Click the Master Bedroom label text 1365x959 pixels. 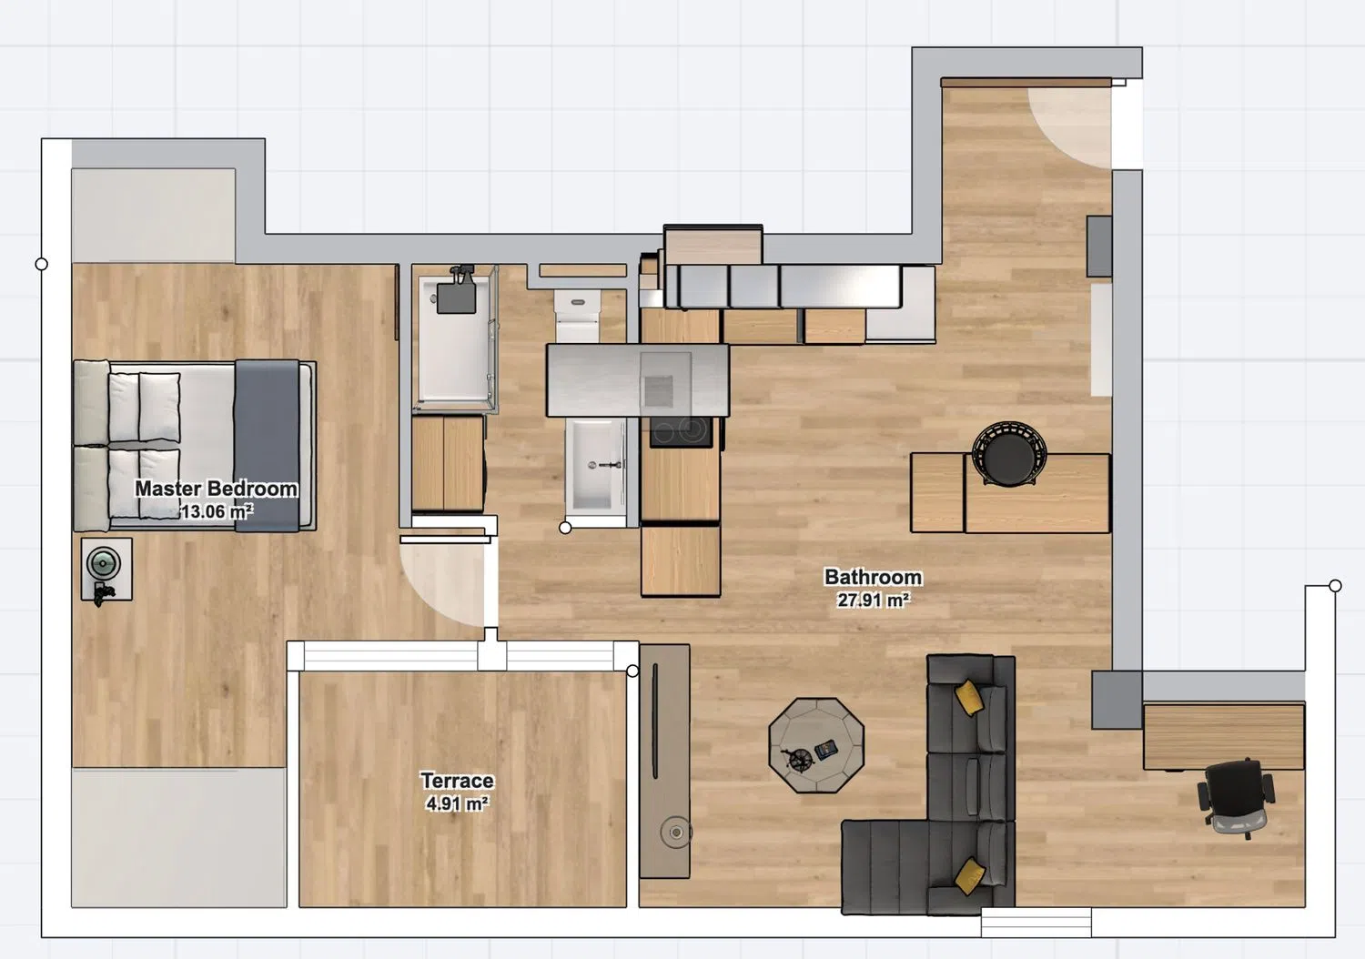[x=216, y=489]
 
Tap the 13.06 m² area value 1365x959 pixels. [x=217, y=511]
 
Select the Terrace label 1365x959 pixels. [x=457, y=781]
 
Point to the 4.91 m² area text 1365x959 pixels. [x=457, y=803]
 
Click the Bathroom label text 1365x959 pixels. [x=874, y=577]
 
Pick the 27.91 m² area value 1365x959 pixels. [x=874, y=601]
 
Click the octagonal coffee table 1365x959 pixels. [x=816, y=745]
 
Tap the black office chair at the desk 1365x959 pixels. [x=1236, y=798]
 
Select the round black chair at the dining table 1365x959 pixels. [x=1009, y=453]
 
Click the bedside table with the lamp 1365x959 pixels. [x=106, y=569]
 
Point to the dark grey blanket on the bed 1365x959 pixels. [x=267, y=446]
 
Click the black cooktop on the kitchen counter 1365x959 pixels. [x=681, y=432]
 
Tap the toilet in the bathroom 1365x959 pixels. [x=577, y=317]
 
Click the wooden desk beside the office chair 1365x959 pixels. [x=1224, y=737]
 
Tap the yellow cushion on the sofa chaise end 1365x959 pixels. [x=969, y=876]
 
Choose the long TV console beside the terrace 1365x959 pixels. [x=665, y=762]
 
